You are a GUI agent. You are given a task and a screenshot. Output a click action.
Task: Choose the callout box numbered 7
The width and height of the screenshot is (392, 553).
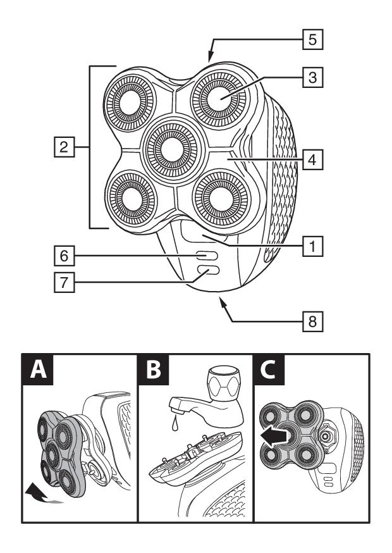61,283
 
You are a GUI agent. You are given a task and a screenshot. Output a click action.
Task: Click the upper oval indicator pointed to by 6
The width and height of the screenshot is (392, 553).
206,256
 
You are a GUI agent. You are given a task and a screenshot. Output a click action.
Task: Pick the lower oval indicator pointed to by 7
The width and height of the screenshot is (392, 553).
206,271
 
